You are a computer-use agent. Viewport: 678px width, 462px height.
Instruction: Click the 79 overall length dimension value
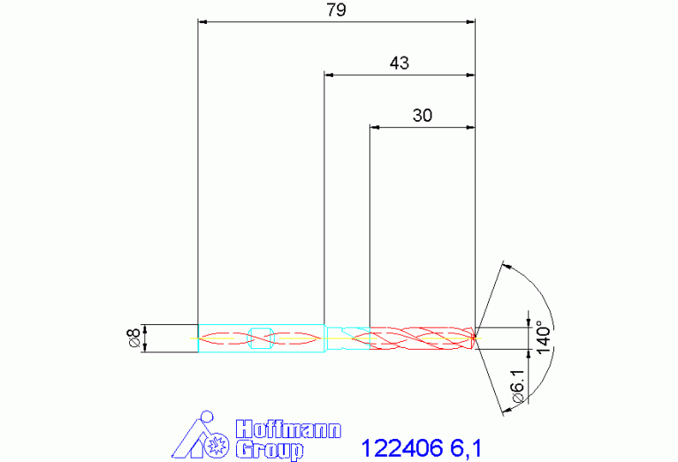pos(337,10)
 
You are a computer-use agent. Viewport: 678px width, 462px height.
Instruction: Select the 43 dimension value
pos(399,63)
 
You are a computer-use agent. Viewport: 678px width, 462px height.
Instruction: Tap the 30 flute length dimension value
pos(422,116)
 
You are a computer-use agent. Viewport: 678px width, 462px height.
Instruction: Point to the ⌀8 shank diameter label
pos(133,338)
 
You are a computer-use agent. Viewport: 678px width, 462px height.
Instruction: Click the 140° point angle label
pos(544,337)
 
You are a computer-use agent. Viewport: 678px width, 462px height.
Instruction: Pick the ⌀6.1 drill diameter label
pos(518,387)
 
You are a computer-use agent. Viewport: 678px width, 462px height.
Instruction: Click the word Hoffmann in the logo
pos(288,429)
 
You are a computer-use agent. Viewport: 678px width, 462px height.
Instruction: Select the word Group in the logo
pos(270,451)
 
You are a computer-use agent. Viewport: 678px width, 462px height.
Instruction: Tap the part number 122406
pos(401,448)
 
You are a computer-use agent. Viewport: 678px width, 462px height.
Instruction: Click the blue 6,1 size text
pos(466,448)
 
